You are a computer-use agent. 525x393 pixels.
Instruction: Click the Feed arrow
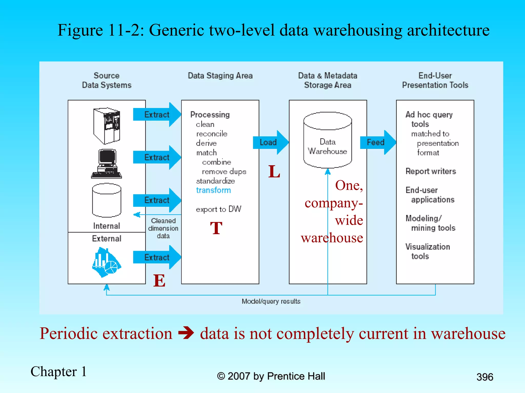[x=377, y=142]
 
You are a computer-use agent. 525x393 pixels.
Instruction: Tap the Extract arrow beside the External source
[x=157, y=257]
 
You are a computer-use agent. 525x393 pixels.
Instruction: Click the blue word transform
[x=213, y=190]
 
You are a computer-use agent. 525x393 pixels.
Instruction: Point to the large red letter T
[x=216, y=228]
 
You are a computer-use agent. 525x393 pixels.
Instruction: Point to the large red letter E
[x=159, y=281]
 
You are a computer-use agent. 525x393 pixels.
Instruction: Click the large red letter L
[x=274, y=171]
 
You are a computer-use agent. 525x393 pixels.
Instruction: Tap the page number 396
[x=484, y=377]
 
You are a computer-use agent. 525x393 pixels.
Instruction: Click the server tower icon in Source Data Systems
[x=107, y=126]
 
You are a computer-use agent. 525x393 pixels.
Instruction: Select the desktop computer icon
[x=107, y=164]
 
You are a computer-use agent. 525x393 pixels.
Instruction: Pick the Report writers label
[x=431, y=171]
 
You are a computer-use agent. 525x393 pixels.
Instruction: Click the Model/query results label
[x=271, y=301]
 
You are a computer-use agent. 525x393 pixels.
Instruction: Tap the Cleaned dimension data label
[x=163, y=228]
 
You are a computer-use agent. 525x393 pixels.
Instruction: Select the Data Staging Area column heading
[x=220, y=76]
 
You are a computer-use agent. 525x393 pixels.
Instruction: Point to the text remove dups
[x=224, y=171]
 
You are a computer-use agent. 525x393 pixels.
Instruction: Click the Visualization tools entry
[x=427, y=251]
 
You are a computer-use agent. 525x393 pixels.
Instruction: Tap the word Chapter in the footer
[x=54, y=372]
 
